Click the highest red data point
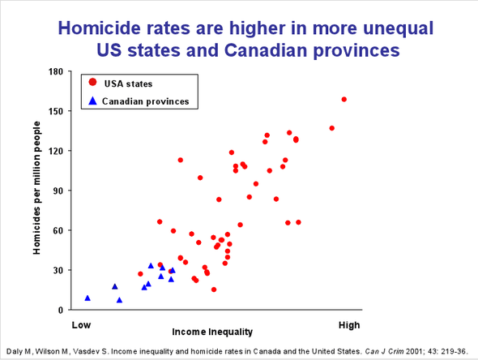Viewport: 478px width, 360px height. point(344,100)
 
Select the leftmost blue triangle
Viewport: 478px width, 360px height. point(87,298)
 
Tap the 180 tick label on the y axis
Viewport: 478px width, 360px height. point(56,71)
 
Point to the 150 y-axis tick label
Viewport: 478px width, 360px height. point(56,111)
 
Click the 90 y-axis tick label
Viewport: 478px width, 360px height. point(58,191)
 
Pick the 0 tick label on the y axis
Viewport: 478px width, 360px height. point(61,311)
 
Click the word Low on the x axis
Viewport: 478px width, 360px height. point(80,325)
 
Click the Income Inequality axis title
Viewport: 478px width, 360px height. point(212,332)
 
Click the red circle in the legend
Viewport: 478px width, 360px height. point(93,83)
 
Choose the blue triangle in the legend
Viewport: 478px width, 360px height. point(93,101)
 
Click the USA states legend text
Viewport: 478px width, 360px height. point(129,84)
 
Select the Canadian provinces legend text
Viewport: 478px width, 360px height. point(147,101)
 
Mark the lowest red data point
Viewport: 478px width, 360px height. point(214,289)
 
